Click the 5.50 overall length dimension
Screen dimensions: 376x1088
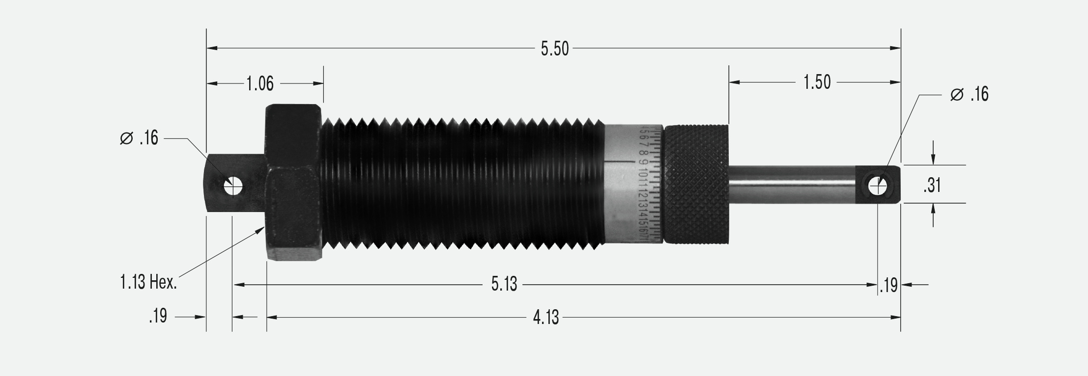[x=554, y=49]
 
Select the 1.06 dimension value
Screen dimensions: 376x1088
[x=259, y=84]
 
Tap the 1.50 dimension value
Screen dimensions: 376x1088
[x=817, y=82]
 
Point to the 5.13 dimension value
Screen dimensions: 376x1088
[x=504, y=284]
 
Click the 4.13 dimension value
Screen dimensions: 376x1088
[x=546, y=318]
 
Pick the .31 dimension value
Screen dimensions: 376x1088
[x=932, y=186]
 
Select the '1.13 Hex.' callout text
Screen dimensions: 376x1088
[x=148, y=282]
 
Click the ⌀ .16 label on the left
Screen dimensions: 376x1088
[x=139, y=139]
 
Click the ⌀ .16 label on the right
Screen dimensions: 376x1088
[x=969, y=94]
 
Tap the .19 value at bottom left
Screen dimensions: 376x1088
[x=158, y=317]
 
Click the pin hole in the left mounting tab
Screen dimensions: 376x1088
[x=233, y=187]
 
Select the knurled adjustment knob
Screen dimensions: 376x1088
[x=696, y=184]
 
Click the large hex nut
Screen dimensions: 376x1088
[x=293, y=183]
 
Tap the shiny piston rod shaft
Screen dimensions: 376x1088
[x=791, y=184]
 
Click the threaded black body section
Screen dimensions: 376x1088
[x=462, y=183]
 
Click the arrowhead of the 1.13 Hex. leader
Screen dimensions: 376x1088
[x=261, y=229]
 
